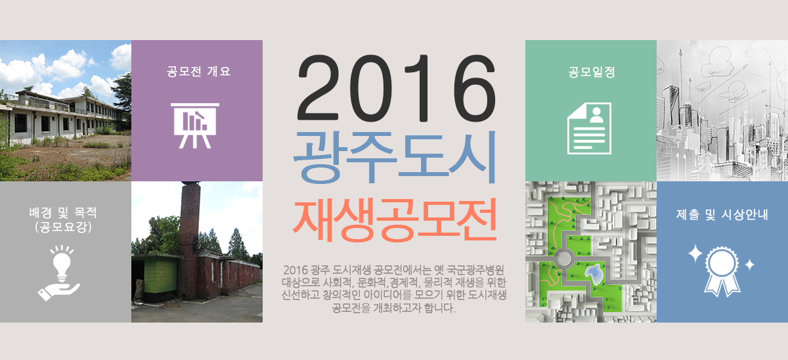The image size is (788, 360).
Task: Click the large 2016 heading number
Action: tap(397, 88)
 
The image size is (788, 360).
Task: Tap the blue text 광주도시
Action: tap(395, 157)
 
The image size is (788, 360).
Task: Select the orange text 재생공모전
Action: tap(395, 220)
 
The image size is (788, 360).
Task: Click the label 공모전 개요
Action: tap(198, 72)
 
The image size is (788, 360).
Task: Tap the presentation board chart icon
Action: tap(195, 125)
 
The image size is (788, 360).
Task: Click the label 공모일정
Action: tap(592, 72)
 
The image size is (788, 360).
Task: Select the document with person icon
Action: tap(589, 129)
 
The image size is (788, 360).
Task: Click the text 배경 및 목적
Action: tap(62, 212)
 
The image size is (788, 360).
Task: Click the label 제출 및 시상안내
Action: tap(722, 214)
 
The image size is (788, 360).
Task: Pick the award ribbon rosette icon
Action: tap(722, 271)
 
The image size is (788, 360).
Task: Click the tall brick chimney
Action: tap(189, 239)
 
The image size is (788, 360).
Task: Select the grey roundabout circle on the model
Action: tap(564, 259)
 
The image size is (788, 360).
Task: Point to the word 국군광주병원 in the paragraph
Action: tap(475, 270)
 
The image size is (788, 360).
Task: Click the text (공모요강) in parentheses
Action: tap(63, 227)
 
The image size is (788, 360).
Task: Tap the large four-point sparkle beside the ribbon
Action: tap(695, 254)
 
